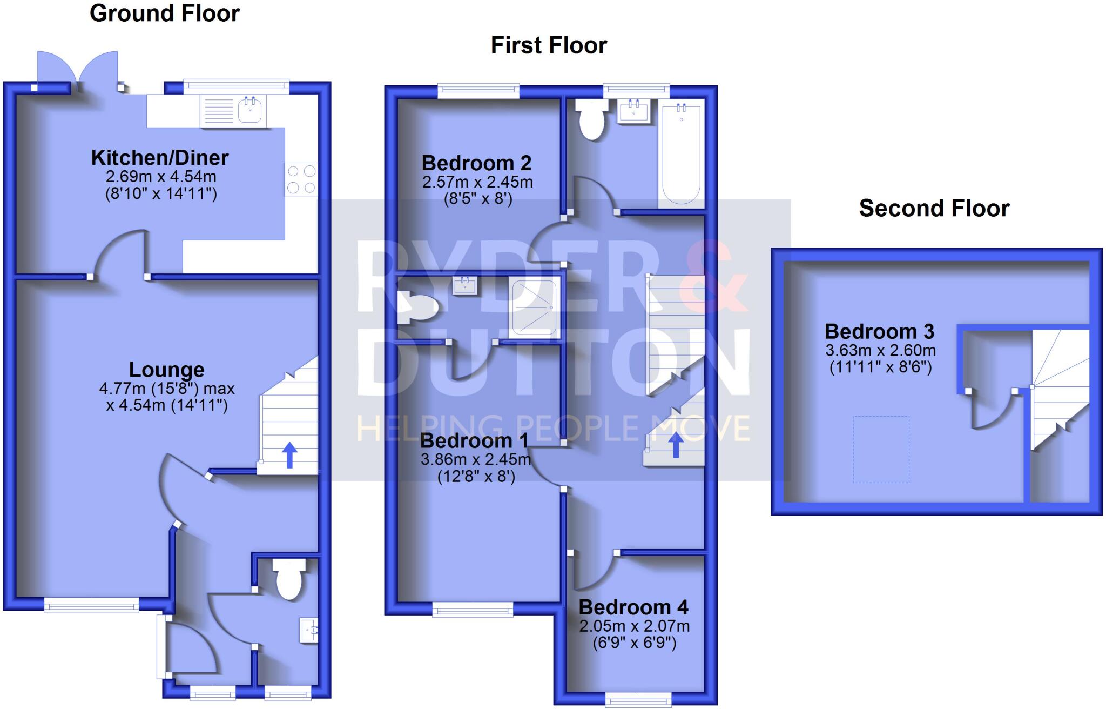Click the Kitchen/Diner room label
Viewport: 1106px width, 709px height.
click(x=160, y=158)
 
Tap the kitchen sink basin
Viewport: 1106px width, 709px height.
click(x=251, y=110)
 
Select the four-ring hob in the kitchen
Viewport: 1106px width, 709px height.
click(x=301, y=179)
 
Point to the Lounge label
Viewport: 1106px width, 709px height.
click(x=166, y=370)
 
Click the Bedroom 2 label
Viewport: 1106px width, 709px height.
click(x=476, y=163)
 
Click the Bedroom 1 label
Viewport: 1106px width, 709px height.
click(x=474, y=441)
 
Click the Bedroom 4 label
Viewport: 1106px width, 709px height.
click(x=633, y=607)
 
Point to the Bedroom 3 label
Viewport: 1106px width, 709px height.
click(x=879, y=331)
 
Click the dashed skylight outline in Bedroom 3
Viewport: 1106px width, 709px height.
click(x=881, y=449)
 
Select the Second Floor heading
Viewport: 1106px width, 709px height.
click(x=934, y=208)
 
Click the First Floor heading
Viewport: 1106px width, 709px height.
click(x=549, y=45)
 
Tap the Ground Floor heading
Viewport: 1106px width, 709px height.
click(x=164, y=13)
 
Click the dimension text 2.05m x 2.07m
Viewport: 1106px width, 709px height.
click(x=634, y=626)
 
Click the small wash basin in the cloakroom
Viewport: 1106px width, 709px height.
click(x=308, y=631)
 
